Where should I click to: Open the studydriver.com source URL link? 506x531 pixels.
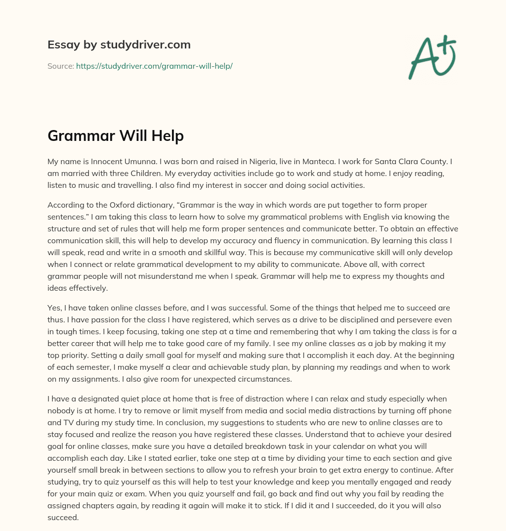[154, 66]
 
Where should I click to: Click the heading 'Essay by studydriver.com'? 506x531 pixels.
[119, 44]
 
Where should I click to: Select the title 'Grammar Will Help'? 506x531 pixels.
[116, 136]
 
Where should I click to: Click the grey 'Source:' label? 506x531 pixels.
[60, 66]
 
